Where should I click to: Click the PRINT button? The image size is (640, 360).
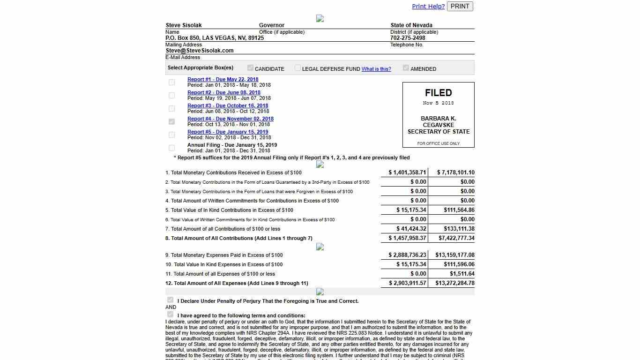click(x=460, y=6)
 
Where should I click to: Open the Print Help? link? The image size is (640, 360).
click(x=428, y=6)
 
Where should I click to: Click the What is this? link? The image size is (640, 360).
click(x=376, y=69)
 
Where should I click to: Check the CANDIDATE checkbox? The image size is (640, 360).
click(x=250, y=68)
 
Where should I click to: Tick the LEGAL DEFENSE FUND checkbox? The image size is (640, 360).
click(x=298, y=68)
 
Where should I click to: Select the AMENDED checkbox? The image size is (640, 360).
click(x=406, y=68)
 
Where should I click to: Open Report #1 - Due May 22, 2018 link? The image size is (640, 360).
click(x=223, y=79)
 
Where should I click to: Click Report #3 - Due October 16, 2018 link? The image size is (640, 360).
click(x=228, y=105)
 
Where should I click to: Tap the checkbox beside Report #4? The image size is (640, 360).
click(x=171, y=121)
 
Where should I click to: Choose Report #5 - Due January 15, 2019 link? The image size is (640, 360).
click(x=228, y=132)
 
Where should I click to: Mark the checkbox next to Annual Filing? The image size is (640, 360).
click(x=171, y=148)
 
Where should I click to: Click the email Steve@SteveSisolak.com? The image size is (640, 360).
click(x=200, y=51)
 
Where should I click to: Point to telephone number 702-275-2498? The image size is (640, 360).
click(x=408, y=38)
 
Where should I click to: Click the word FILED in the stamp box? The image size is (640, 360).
click(x=438, y=93)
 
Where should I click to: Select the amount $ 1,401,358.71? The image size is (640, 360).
click(x=407, y=172)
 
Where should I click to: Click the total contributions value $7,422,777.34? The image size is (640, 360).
click(x=456, y=238)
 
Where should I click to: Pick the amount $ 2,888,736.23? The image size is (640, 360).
click(x=407, y=255)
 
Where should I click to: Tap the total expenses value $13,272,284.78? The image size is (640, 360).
click(x=454, y=283)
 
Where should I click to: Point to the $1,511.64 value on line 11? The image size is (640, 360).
click(x=462, y=274)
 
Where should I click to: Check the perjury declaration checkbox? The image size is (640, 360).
click(x=170, y=300)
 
